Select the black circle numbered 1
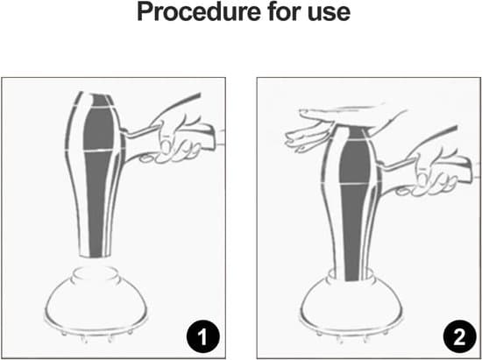(x=203, y=336)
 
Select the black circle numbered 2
(x=459, y=336)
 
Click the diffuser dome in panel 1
(x=96, y=304)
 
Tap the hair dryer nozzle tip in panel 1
(x=95, y=252)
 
